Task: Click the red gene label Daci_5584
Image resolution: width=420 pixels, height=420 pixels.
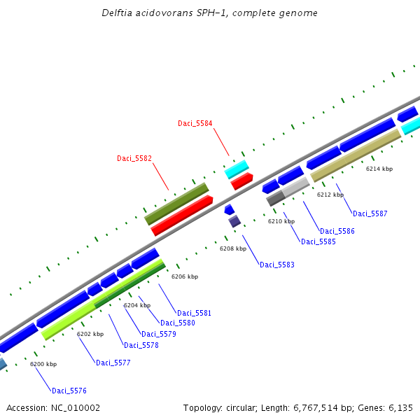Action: [x=195, y=123]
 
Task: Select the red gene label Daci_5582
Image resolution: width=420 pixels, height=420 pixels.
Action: [x=134, y=158]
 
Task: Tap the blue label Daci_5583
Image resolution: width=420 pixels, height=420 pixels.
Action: [x=277, y=265]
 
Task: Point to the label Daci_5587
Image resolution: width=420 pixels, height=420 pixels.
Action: [x=370, y=213]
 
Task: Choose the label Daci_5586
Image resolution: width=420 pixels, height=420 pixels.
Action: [x=337, y=231]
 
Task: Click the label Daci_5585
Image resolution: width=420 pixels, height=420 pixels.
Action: [x=318, y=241]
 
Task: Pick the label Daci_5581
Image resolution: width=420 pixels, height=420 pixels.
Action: [x=194, y=313]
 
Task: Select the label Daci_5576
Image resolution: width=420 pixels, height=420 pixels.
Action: [x=69, y=391]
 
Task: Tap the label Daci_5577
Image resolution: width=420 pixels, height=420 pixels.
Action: [x=113, y=363]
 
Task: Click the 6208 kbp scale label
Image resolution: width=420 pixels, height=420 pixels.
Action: [x=233, y=248]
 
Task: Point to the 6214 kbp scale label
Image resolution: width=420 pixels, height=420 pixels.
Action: [x=379, y=169]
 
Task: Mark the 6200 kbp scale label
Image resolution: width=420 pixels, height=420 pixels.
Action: [x=43, y=364]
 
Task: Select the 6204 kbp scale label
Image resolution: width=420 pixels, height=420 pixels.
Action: [x=137, y=305]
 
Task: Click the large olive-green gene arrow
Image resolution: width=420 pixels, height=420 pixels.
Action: [x=176, y=204]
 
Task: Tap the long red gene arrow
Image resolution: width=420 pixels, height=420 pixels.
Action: [x=182, y=215]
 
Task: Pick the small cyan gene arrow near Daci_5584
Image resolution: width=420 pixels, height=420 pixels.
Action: [x=237, y=169]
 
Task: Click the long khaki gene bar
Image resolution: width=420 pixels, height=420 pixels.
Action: [x=356, y=155]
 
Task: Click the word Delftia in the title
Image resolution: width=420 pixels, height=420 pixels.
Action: [x=117, y=13]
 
